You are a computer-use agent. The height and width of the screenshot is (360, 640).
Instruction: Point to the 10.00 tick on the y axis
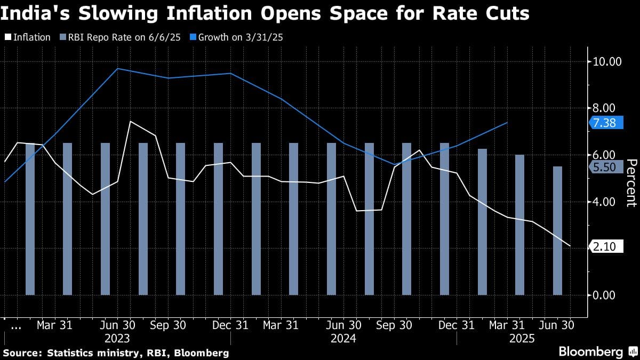(x=607, y=61)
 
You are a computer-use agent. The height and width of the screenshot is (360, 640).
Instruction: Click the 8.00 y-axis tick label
(x=607, y=108)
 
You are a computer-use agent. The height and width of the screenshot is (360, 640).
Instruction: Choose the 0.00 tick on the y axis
(x=607, y=295)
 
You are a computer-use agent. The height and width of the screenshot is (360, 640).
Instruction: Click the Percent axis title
(x=630, y=182)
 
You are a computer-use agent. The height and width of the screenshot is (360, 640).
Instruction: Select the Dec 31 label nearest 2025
(x=457, y=324)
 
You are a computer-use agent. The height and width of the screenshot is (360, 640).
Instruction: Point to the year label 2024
(x=343, y=338)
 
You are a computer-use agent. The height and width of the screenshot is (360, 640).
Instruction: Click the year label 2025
(x=523, y=338)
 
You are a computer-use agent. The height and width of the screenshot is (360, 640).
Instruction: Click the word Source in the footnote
(x=22, y=353)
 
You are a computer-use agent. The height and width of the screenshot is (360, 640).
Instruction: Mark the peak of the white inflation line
(x=130, y=122)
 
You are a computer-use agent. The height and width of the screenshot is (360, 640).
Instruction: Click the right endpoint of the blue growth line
(x=507, y=123)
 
